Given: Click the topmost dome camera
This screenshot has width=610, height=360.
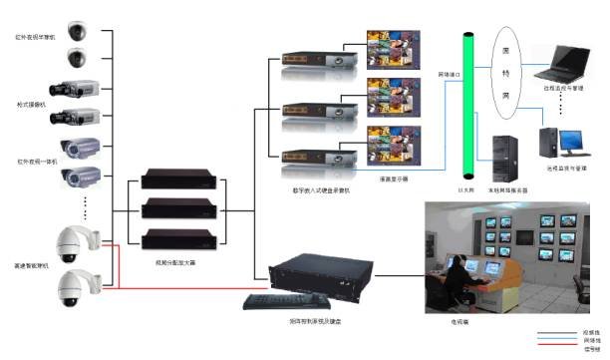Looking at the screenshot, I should click(x=78, y=29).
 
